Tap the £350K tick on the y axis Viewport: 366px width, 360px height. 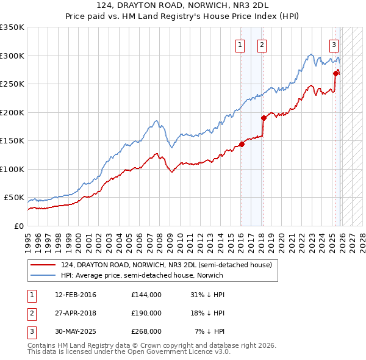[12, 27]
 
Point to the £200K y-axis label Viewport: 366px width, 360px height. [12, 112]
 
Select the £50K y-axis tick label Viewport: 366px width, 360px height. [15, 198]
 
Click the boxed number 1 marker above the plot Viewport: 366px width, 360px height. [240, 44]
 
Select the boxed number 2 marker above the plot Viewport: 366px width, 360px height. [262, 44]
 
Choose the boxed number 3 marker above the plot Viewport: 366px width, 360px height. [334, 44]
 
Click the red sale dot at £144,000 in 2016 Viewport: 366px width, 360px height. [242, 144]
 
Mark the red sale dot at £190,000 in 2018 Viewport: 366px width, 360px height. [264, 118]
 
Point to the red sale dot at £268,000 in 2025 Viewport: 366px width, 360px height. [335, 73]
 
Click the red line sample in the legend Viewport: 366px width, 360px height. [44, 264]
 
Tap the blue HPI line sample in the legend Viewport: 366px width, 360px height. [44, 275]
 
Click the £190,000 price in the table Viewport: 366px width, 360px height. [146, 313]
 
